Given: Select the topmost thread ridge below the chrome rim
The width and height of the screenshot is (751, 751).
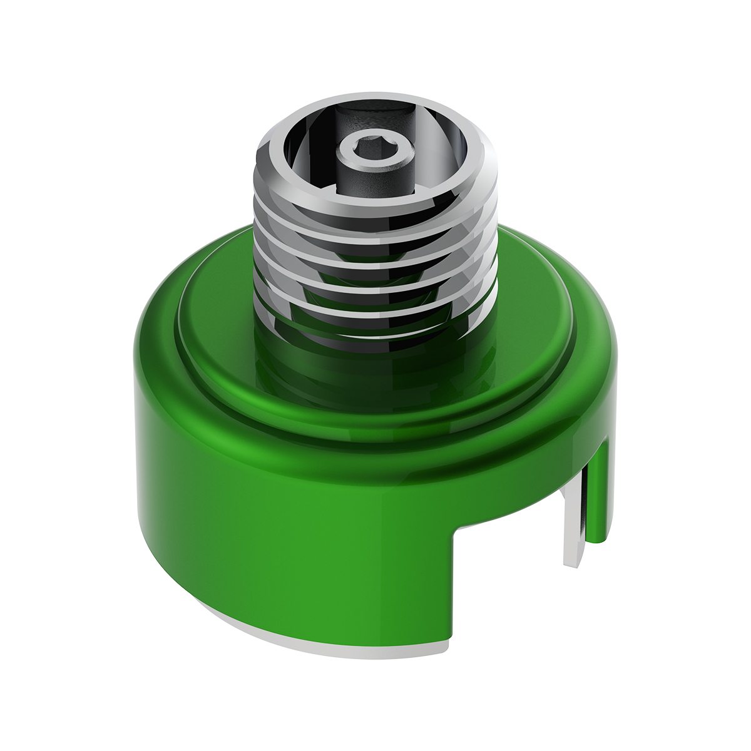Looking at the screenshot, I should click(x=375, y=207).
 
